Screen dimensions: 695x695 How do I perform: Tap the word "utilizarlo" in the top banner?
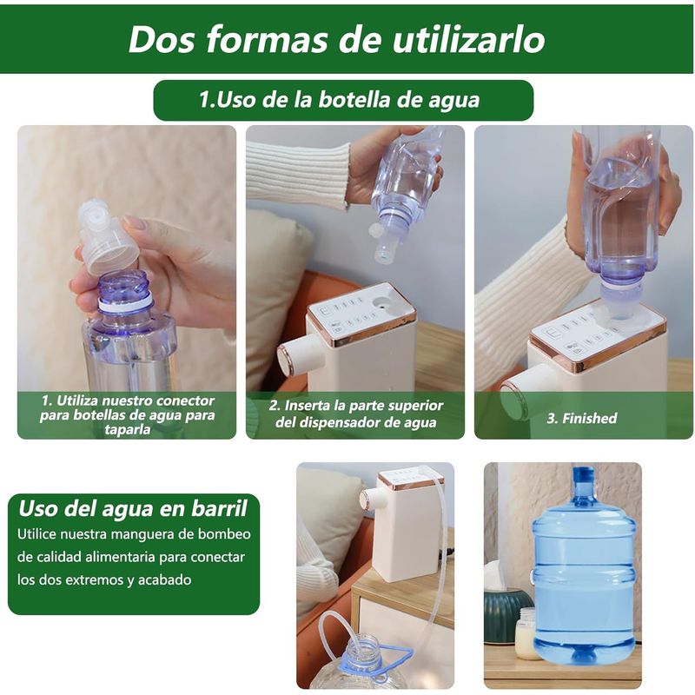tap(468, 39)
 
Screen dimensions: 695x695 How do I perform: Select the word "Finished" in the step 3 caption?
tap(589, 419)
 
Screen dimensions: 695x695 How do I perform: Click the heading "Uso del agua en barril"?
tap(133, 508)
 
